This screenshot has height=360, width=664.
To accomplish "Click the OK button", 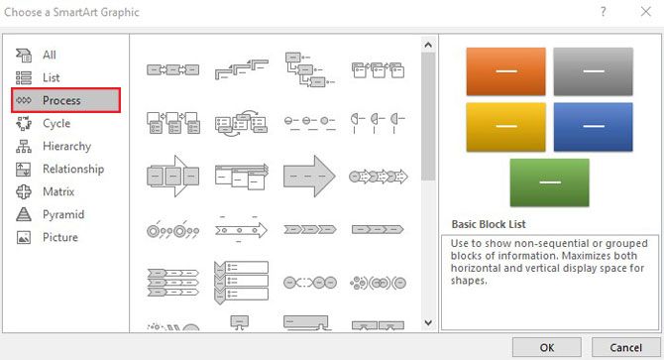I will point(547,347).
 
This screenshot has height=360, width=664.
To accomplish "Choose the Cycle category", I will point(55,123).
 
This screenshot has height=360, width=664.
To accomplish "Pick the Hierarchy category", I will point(65,146).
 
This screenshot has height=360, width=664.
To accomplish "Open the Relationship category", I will point(72,169).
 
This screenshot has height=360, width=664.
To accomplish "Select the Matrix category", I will point(58,191).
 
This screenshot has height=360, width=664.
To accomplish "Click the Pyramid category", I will point(62,214).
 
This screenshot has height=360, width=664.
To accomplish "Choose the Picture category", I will point(59,237).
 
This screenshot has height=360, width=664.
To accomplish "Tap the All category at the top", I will point(49,55).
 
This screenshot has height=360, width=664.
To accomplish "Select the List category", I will point(51,77).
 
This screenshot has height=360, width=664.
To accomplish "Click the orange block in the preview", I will point(505,71).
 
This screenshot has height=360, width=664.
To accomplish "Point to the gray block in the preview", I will point(593,71).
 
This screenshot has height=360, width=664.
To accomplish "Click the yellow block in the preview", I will point(505,126).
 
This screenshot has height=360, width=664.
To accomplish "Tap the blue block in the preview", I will point(593,126).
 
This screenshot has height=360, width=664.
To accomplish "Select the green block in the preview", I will point(549,182).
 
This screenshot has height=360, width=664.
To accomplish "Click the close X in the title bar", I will point(642,12).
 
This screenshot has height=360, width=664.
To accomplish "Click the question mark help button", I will point(603,12).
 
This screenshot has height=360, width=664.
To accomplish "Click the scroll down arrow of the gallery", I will point(428,322).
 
